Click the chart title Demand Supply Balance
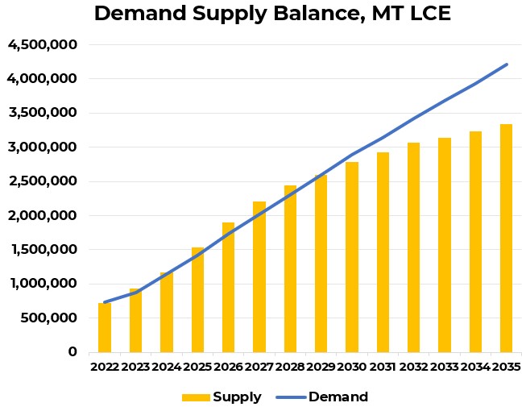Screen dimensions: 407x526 (272, 14)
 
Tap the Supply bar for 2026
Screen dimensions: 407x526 (229, 288)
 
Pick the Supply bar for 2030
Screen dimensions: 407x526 (352, 257)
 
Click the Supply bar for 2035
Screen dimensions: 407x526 (507, 239)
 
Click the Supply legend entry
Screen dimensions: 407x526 (222, 397)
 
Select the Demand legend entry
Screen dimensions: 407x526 (321, 397)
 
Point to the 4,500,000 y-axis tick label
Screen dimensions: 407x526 (42, 45)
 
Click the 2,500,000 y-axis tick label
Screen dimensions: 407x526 (42, 181)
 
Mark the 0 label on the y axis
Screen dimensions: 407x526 (72, 352)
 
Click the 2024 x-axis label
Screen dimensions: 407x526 (167, 368)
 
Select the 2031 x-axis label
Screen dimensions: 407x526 (383, 368)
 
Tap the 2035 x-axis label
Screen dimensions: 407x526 (507, 368)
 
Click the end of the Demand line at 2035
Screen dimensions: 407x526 (507, 64)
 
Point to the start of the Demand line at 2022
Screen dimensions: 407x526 (105, 302)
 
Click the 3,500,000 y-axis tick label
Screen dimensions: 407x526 (42, 114)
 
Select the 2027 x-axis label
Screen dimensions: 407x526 (259, 368)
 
